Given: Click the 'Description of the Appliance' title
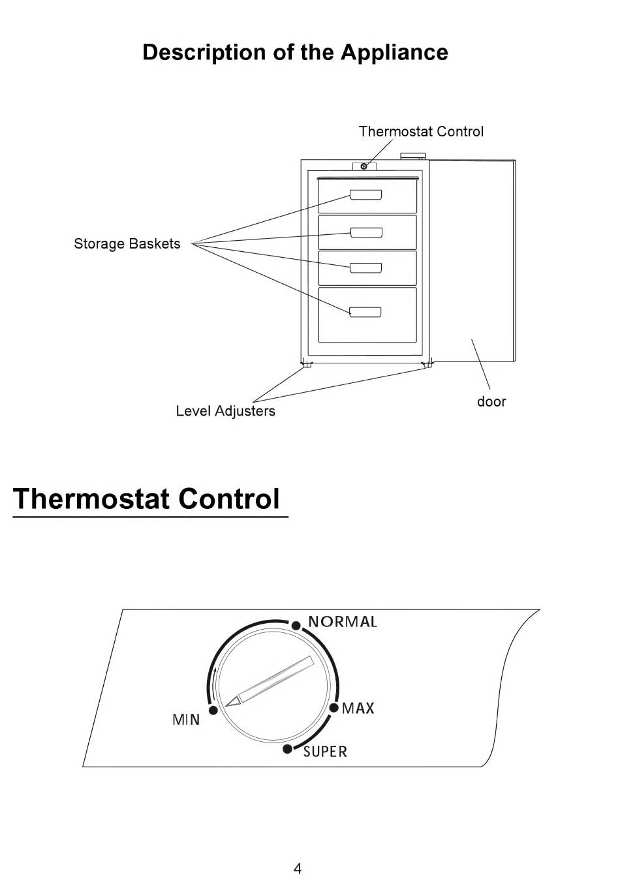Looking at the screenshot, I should pyautogui.click(x=295, y=52).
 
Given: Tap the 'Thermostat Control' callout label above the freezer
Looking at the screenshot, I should pyautogui.click(x=421, y=131).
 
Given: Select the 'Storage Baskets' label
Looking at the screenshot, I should pyautogui.click(x=127, y=243).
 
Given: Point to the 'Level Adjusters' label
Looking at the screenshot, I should pyautogui.click(x=225, y=411).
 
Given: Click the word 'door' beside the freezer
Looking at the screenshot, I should pyautogui.click(x=491, y=401).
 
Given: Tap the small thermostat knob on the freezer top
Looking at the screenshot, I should pyautogui.click(x=364, y=166).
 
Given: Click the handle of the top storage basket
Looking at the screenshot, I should pyautogui.click(x=365, y=195).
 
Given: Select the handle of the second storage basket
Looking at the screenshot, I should pyautogui.click(x=365, y=232).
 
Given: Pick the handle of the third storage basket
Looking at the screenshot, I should pyautogui.click(x=365, y=268).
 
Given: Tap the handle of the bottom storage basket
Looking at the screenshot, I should pyautogui.click(x=365, y=312).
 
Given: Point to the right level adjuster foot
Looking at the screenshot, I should pyautogui.click(x=427, y=365).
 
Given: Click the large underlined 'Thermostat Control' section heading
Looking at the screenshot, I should pyautogui.click(x=147, y=499).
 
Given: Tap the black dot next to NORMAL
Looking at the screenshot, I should pyautogui.click(x=296, y=626).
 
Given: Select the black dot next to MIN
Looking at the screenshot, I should pyautogui.click(x=213, y=710).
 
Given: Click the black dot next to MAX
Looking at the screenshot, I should pyautogui.click(x=333, y=708).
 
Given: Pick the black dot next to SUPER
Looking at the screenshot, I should pyautogui.click(x=287, y=748).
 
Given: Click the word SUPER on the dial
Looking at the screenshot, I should pyautogui.click(x=325, y=752).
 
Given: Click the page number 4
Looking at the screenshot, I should pyautogui.click(x=298, y=868).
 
